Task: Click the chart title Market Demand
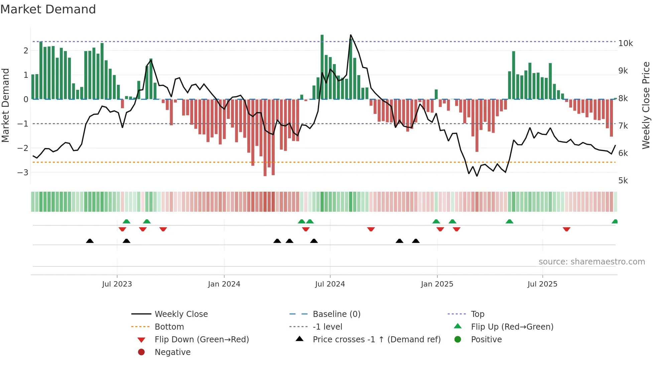point(48,9)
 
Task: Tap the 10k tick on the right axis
point(625,43)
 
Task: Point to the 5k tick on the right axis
point(623,181)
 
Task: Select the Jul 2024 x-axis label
point(330,284)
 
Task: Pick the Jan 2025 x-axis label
point(437,284)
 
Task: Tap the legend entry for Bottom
point(169,327)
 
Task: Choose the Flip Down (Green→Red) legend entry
point(202,340)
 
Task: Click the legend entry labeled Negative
point(172,352)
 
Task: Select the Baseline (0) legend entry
point(336,314)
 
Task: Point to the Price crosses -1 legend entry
point(376,340)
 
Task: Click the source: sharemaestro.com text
point(592,262)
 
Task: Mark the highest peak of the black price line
point(351,35)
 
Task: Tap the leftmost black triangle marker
point(90,241)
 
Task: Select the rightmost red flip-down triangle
point(566,229)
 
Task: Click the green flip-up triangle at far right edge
point(615,221)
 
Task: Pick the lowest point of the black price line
point(477,176)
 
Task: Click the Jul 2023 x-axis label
point(117,284)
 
